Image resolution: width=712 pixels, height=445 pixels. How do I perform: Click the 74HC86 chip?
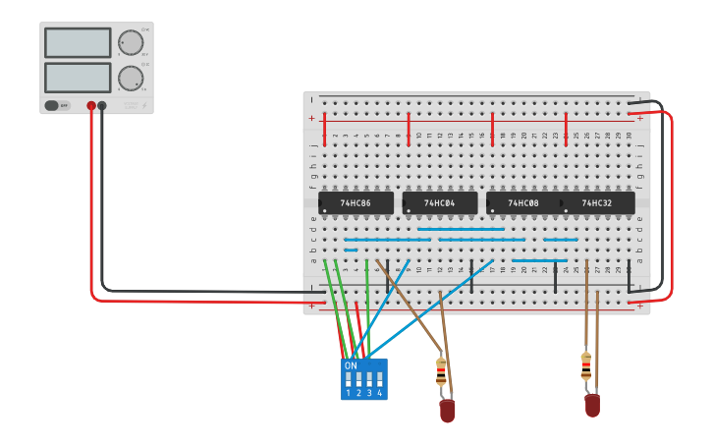tap(356, 203)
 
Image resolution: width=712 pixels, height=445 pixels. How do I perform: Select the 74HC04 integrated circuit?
tap(439, 203)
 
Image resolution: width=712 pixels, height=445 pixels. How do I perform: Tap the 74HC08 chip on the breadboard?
tap(522, 203)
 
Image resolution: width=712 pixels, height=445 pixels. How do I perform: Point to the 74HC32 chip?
tap(597, 203)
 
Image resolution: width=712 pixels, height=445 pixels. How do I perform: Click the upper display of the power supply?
tap(78, 43)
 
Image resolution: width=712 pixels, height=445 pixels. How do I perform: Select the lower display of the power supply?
tap(78, 78)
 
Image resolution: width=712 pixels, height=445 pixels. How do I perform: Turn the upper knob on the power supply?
tap(130, 42)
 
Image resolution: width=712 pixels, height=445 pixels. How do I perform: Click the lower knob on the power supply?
tap(130, 78)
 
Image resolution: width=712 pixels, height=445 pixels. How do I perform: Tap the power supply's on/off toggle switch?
tap(57, 105)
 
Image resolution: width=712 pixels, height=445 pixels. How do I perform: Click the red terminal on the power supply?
tap(91, 105)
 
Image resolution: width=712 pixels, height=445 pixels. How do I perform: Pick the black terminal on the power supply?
tap(102, 105)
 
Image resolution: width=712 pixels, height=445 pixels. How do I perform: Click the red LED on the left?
tap(447, 411)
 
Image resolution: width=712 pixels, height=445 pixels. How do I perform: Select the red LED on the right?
tap(592, 405)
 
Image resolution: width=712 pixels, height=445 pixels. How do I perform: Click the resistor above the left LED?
tap(441, 371)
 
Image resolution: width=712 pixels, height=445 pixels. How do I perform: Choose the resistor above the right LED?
tap(586, 365)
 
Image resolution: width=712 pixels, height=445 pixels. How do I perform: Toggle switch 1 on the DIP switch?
tap(348, 378)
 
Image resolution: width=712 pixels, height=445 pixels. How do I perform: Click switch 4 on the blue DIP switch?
tap(380, 378)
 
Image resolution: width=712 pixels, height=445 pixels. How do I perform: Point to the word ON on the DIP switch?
tap(351, 365)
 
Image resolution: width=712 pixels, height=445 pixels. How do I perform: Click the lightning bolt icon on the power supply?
tap(144, 105)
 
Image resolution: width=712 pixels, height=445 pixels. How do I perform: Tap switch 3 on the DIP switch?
tap(369, 378)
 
